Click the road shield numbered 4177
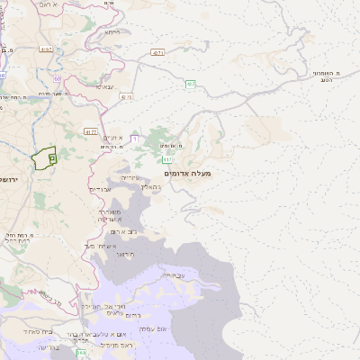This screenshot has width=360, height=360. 91,131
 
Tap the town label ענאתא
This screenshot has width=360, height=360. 104,86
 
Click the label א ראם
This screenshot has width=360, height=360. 47,4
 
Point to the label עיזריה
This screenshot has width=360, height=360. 130,177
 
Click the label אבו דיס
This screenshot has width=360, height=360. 100,189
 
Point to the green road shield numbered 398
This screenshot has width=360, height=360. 81,352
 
